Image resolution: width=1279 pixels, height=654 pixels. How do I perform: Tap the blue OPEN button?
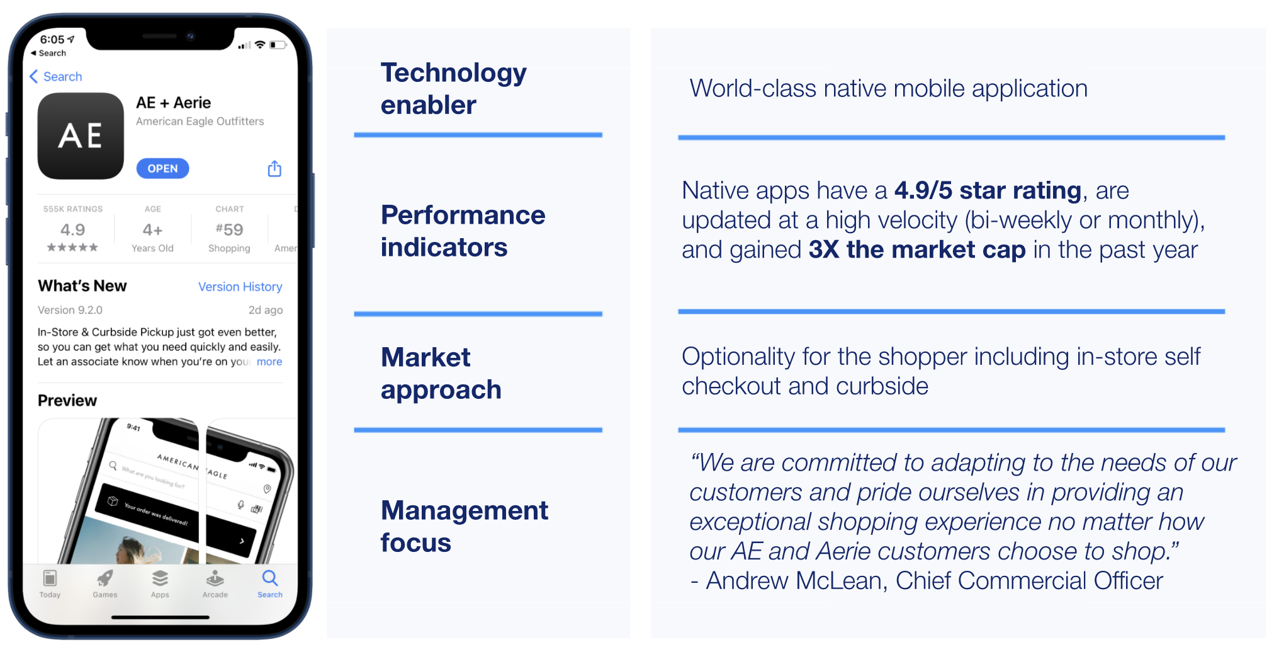(x=162, y=168)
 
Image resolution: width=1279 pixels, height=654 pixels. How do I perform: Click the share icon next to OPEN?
(x=274, y=169)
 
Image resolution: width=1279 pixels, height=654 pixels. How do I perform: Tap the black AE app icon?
(x=81, y=136)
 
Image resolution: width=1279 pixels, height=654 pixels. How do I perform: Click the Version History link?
(x=240, y=287)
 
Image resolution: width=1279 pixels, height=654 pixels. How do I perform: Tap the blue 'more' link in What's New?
(x=269, y=362)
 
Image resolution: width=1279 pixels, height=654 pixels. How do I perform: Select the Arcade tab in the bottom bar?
(x=215, y=583)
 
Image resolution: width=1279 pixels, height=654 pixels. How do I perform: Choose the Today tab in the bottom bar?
(x=50, y=583)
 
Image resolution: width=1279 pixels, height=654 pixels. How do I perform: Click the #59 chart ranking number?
(x=229, y=229)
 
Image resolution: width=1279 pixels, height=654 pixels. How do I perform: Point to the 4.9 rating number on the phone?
(x=72, y=229)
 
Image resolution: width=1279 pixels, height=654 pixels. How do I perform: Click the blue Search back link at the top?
(x=56, y=77)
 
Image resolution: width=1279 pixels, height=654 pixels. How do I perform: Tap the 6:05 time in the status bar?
(x=52, y=39)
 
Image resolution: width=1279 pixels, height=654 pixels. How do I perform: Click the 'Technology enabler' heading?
(x=453, y=89)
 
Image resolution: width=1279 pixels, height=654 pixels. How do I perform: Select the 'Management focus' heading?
(x=464, y=526)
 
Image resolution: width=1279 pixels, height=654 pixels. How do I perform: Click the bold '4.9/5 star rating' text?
(x=987, y=190)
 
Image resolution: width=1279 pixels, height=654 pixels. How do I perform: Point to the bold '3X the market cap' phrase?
(x=916, y=250)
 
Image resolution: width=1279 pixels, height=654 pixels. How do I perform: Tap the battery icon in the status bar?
(x=278, y=45)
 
